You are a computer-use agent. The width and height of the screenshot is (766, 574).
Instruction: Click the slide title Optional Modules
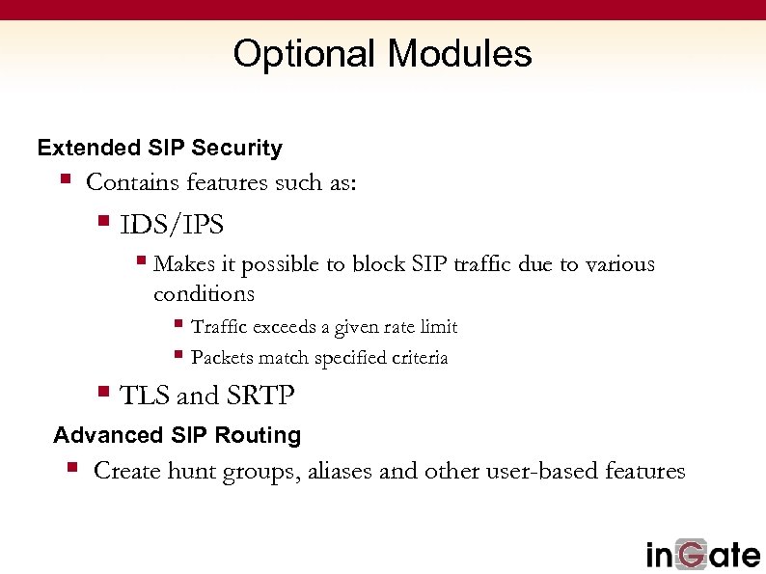pos(382,54)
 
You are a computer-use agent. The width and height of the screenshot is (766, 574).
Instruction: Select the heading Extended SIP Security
pos(159,149)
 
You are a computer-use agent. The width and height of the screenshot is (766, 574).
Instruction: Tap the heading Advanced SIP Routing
pos(177,436)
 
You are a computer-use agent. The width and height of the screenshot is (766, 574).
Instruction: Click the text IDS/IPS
pos(172,226)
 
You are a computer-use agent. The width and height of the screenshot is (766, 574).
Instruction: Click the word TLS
pos(145,396)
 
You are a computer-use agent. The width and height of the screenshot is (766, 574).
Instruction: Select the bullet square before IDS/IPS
pos(104,223)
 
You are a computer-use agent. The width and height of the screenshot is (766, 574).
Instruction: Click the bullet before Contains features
pos(66,178)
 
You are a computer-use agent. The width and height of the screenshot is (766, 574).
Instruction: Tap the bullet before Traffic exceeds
pos(178,324)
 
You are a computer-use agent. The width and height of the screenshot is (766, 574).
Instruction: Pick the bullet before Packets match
pos(178,355)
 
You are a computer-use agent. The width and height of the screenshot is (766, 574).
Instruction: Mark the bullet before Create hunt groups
pos(72,468)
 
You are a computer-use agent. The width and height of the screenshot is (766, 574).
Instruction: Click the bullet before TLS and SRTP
pos(104,393)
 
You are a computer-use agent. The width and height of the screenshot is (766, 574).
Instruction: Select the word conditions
pos(204,293)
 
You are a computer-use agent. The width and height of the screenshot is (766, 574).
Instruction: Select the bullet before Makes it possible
pos(141,260)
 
